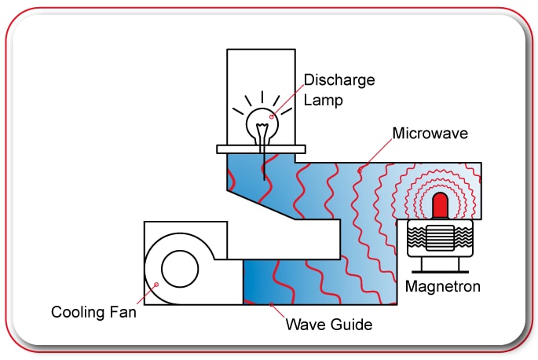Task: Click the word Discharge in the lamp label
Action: [339, 81]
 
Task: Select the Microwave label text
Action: [432, 134]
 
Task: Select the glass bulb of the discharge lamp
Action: [262, 123]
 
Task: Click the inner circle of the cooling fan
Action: [179, 269]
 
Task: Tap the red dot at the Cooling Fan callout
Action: [157, 285]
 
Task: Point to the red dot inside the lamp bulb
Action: [273, 116]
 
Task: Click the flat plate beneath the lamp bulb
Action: [262, 148]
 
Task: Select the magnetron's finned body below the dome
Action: [441, 237]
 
